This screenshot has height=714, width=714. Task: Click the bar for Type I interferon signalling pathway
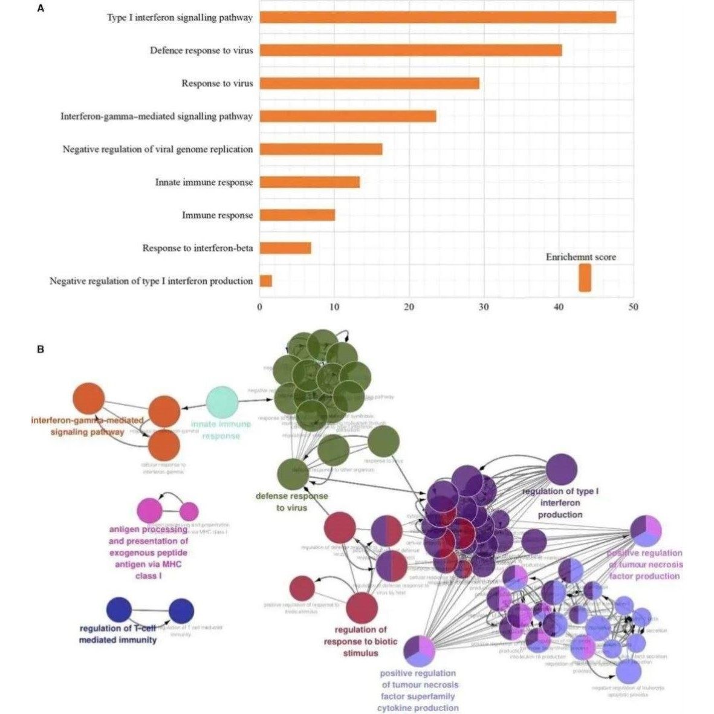[x=438, y=18]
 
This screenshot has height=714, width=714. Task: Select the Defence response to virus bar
[x=411, y=50]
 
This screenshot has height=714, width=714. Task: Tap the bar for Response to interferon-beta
[x=285, y=248]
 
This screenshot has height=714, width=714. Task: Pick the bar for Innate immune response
[x=310, y=182]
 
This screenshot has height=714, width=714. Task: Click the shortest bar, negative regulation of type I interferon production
[x=266, y=281]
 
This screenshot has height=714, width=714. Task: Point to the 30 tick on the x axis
[x=484, y=307]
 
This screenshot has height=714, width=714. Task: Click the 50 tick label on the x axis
[x=633, y=307]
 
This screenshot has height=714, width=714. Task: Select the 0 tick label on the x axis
[x=260, y=307]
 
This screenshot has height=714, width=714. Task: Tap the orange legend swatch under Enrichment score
[x=585, y=278]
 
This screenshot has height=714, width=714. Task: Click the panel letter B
[x=41, y=349]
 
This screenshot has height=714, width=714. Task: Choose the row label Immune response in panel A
[x=218, y=215]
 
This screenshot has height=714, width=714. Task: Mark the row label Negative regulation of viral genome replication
[x=158, y=149]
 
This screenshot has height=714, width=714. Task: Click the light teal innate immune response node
[x=222, y=402]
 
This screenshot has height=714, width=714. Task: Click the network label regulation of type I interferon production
[x=560, y=503]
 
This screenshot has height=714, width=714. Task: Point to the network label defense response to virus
[x=292, y=502]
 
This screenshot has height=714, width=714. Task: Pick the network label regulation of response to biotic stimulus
[x=361, y=641]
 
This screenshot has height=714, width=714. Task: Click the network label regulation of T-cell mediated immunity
[x=118, y=634]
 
